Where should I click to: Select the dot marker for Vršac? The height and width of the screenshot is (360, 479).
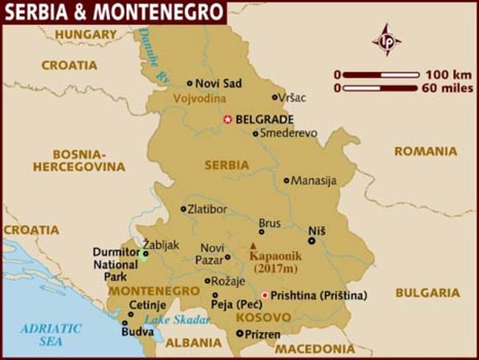[274, 97]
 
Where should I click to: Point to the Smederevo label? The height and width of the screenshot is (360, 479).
[289, 133]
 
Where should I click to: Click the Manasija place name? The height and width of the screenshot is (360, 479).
[314, 181]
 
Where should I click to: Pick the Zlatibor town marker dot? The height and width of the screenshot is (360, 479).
[184, 209]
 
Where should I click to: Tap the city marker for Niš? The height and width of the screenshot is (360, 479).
[312, 241]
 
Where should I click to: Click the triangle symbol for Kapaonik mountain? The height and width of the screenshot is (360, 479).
[253, 245]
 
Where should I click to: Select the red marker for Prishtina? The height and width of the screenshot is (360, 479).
[264, 295]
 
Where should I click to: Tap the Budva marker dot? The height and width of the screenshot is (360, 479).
[125, 323]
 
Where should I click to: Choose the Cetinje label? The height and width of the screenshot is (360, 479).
[148, 305]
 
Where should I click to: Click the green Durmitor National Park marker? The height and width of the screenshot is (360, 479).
[144, 253]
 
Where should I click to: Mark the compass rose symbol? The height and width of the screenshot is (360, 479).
[387, 39]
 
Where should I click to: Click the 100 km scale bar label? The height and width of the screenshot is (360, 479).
[447, 74]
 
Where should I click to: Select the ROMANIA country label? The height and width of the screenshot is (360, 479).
[425, 151]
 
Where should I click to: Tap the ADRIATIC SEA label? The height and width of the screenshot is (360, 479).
[51, 334]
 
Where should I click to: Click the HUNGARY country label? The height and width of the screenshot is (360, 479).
[85, 34]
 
